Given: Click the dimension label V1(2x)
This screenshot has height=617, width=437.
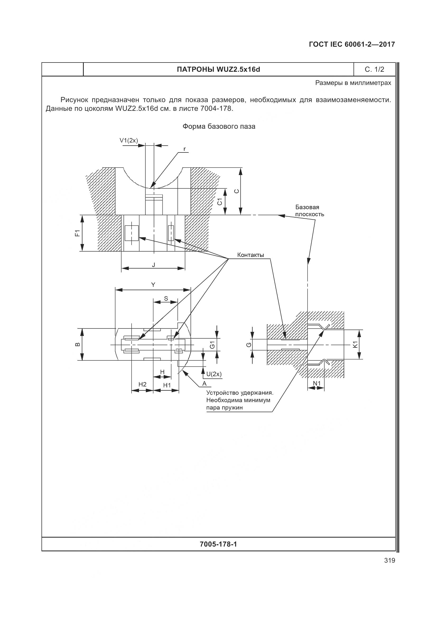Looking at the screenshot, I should (129, 140).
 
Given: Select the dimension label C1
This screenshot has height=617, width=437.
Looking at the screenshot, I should (220, 202).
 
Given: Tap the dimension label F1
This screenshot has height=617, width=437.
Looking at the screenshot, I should (77, 233).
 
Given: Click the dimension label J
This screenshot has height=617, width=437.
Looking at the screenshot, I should (154, 265).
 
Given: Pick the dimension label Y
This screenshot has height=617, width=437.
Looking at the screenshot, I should (153, 285).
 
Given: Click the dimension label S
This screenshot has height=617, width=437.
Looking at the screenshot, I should (166, 298).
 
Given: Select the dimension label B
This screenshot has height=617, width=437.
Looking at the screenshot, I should (77, 345).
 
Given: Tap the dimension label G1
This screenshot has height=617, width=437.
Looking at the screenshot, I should (212, 345).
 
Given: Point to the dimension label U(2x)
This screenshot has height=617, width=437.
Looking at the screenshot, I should (214, 374).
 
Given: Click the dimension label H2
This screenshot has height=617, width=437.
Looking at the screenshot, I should (142, 384).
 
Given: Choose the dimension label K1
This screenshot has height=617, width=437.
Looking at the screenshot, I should (355, 345).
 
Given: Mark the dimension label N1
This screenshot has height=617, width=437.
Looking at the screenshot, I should (317, 383).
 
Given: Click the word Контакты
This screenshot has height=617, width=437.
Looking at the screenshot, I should (250, 255).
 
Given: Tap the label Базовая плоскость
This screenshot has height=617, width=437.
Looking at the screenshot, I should (309, 211).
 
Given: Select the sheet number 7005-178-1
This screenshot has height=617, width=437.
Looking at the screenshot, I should (218, 544).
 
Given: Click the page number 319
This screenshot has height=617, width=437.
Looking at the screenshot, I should (390, 560).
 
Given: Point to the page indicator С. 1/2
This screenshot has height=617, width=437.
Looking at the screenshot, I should (374, 70).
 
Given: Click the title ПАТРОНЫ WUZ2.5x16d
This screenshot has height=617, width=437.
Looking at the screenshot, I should (218, 70).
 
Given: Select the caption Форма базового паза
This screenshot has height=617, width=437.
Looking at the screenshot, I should (219, 126).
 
